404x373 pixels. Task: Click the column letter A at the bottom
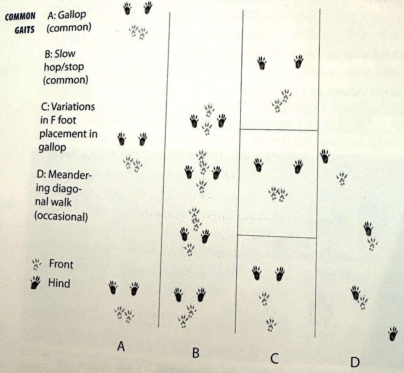point(121,346)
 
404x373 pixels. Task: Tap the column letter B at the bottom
point(196,352)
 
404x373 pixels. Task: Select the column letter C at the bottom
point(275,358)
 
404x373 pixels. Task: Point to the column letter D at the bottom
point(355,362)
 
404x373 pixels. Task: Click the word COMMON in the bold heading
point(20,17)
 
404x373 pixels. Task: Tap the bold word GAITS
point(24,30)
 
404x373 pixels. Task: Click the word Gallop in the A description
point(72,15)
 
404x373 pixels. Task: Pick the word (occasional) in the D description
point(61,216)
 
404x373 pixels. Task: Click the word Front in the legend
point(61,264)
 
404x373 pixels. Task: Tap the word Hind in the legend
point(59,283)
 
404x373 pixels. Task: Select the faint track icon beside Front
point(36,264)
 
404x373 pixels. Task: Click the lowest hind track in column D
point(393,334)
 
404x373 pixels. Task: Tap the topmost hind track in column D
point(325,156)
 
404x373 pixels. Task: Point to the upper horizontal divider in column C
point(279,129)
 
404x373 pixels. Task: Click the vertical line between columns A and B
point(164,170)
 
